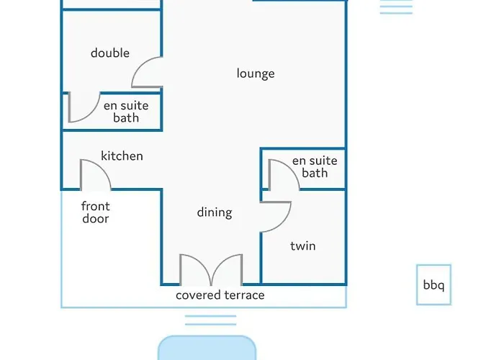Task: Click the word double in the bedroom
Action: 110,53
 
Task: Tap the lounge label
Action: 256,73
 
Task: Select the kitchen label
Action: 122,156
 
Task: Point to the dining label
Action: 215,212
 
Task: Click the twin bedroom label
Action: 303,246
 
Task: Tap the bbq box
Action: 434,285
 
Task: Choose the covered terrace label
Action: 220,295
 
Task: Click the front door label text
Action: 96,212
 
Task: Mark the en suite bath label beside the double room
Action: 126,112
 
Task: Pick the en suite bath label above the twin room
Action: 315,167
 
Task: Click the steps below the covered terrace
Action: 210,320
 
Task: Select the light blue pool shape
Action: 207,348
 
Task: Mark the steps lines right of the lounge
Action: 396,6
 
